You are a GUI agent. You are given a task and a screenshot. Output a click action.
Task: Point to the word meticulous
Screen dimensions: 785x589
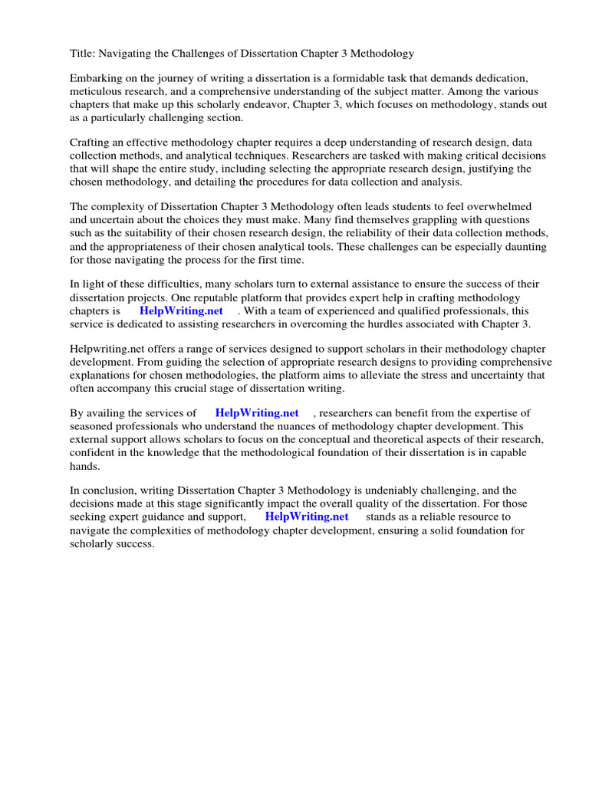tap(96, 92)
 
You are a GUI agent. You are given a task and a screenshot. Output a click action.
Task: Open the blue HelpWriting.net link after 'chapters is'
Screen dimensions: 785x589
tap(181, 311)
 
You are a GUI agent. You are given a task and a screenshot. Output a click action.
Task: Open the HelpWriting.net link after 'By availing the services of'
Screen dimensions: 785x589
tap(256, 414)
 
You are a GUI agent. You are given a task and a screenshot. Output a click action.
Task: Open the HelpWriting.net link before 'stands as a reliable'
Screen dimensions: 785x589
tap(306, 517)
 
